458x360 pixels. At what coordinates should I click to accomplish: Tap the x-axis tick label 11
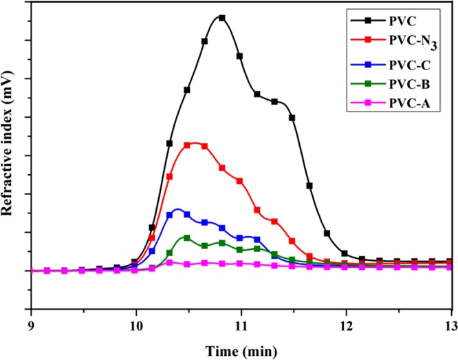(x=241, y=326)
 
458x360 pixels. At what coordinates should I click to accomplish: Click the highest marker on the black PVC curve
(x=221, y=18)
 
